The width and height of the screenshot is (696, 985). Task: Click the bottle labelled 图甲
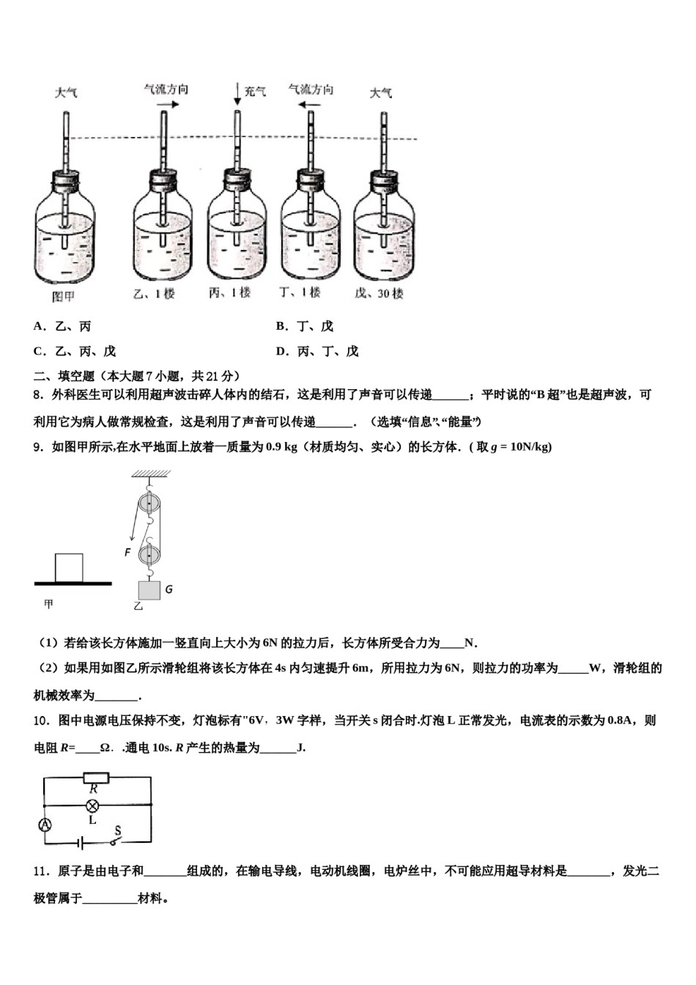click(x=64, y=235)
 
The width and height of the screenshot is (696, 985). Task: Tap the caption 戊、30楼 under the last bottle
click(x=380, y=293)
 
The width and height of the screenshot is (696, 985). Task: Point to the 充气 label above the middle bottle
click(x=255, y=92)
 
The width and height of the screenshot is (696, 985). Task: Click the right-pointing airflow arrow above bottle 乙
click(x=168, y=105)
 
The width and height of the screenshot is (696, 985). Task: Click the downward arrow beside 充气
click(x=237, y=93)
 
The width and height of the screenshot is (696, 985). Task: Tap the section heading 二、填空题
click(x=64, y=376)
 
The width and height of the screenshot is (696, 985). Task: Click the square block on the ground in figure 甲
click(x=69, y=568)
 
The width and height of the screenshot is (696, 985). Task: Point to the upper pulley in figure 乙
click(x=149, y=504)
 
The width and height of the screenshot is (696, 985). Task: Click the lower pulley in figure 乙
click(x=149, y=552)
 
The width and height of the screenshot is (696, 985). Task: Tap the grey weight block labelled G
click(x=149, y=590)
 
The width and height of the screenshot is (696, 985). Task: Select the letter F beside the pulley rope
click(x=127, y=552)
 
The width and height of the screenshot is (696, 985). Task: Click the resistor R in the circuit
click(x=95, y=778)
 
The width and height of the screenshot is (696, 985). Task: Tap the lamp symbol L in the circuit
click(x=92, y=805)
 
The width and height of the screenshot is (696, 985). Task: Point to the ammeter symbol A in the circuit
click(x=45, y=824)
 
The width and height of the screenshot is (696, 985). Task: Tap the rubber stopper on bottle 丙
click(x=237, y=180)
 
